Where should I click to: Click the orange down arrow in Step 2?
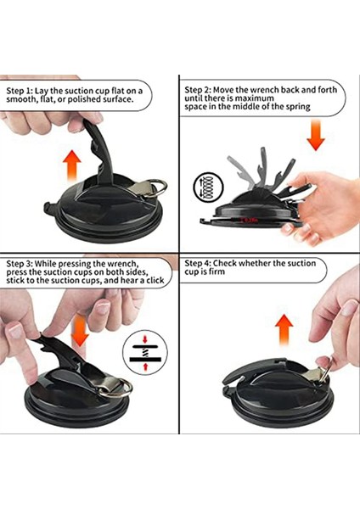point(316,134)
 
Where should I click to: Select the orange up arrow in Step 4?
point(284,331)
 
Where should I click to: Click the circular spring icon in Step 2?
point(208,187)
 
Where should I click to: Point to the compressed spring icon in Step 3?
point(145,352)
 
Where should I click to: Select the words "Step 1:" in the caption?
point(20,91)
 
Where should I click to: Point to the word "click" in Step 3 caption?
point(155,280)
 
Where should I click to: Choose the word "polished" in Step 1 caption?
point(84,99)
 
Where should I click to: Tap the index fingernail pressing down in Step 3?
point(15,330)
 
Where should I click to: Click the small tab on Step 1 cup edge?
point(48,207)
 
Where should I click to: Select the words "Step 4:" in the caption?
point(198,263)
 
